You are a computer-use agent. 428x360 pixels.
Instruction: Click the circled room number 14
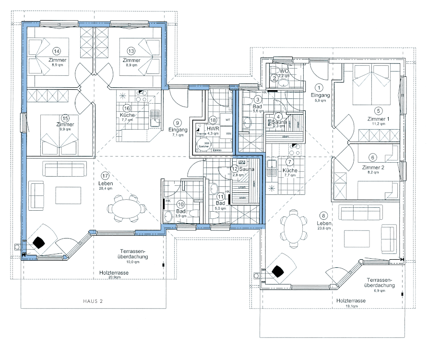pyautogui.click(x=57, y=51)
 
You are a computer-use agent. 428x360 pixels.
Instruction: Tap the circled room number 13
pyautogui.click(x=131, y=51)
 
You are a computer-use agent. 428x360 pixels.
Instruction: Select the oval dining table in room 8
pyautogui.click(x=294, y=229)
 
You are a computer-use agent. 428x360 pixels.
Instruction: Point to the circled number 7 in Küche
pyautogui.click(x=289, y=163)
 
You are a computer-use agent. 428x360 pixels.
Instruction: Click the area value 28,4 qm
pyautogui.click(x=105, y=189)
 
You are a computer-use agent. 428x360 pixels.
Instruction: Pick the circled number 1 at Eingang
pyautogui.click(x=321, y=87)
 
